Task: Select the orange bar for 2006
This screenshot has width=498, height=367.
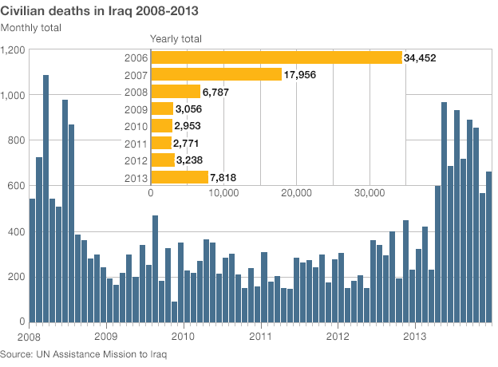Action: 276,57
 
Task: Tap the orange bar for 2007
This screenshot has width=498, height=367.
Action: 216,74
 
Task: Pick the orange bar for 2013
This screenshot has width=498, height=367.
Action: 180,177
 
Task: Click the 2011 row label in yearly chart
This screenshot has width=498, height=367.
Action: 136,143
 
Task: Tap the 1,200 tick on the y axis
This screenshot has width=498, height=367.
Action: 14,49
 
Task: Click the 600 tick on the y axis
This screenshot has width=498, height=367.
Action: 18,186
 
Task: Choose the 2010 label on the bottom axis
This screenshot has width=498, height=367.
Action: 184,336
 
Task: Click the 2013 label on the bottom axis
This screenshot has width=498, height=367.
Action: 416,336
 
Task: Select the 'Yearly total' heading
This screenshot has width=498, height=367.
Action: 176,38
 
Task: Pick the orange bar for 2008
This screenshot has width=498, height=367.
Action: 176,92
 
